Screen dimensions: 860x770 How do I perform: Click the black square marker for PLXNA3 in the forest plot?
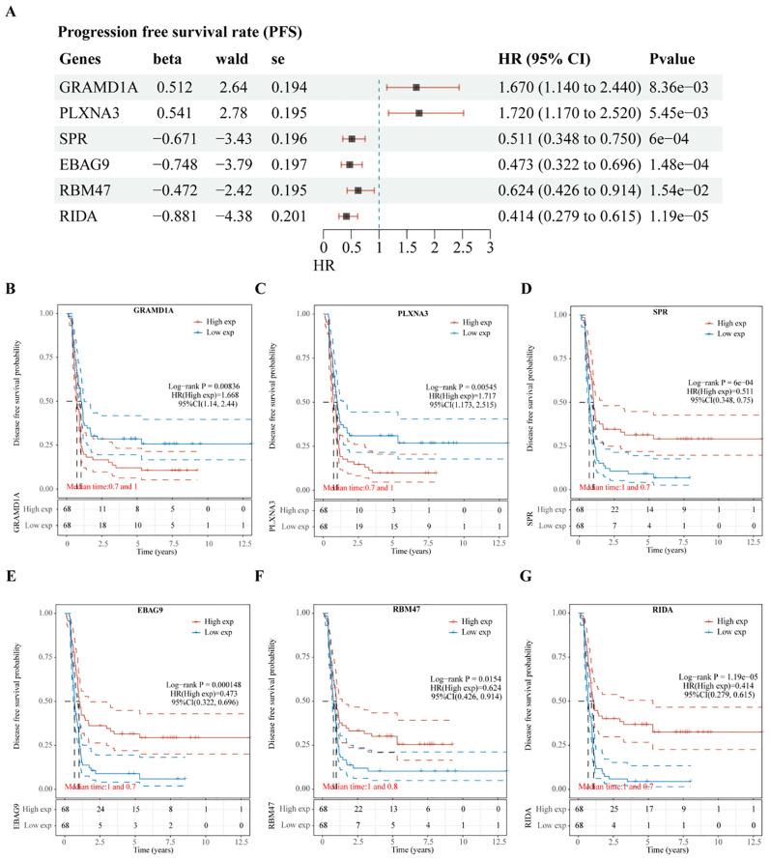click(419, 113)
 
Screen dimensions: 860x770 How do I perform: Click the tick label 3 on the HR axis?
click(491, 248)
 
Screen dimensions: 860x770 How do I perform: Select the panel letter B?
click(11, 290)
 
